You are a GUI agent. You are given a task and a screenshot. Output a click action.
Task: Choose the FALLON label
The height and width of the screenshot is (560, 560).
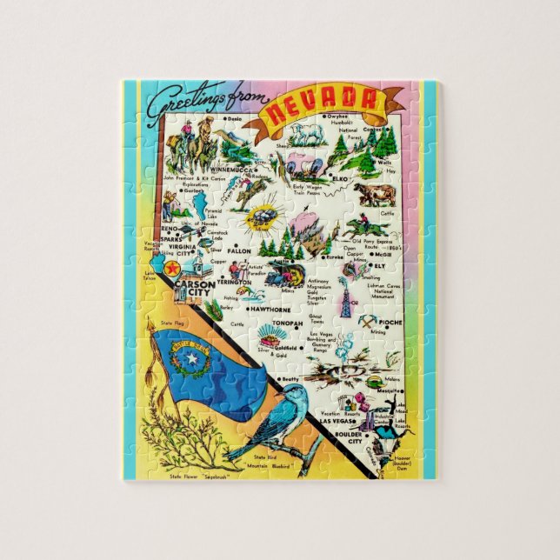tap(239, 251)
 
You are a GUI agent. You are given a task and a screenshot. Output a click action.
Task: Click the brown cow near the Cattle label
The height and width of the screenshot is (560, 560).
tap(375, 195)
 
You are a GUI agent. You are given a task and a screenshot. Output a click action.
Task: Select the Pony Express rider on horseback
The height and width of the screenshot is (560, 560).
tap(360, 226)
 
